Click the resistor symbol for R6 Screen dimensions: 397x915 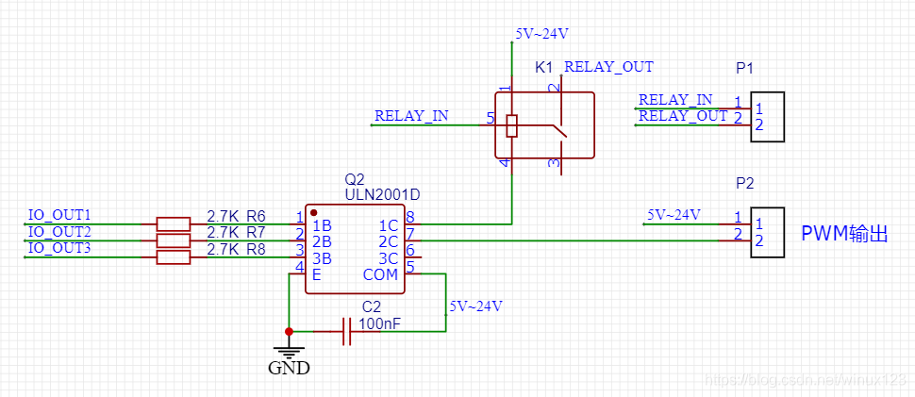pos(172,224)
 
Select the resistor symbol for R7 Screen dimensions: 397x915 pos(172,240)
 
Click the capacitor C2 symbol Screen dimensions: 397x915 pos(346,332)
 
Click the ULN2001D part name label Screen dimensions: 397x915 pos(382,194)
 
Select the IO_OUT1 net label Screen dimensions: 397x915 pos(59,215)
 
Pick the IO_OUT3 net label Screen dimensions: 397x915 pos(59,248)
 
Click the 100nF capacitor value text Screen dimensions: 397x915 pos(379,323)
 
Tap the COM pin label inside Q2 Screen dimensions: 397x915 pos(381,274)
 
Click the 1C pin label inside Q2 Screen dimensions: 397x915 pos(388,225)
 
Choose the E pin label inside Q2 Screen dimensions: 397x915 pos(316,274)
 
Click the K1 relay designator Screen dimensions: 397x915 pos(544,68)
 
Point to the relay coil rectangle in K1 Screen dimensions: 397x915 pos(511,125)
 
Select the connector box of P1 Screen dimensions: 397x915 pos(768,117)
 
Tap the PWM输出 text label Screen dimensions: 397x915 pos(844,233)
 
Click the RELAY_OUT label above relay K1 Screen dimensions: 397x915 pos(608,67)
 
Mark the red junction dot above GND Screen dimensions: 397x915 pos(289,332)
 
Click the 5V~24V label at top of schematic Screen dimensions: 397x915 pos(541,34)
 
